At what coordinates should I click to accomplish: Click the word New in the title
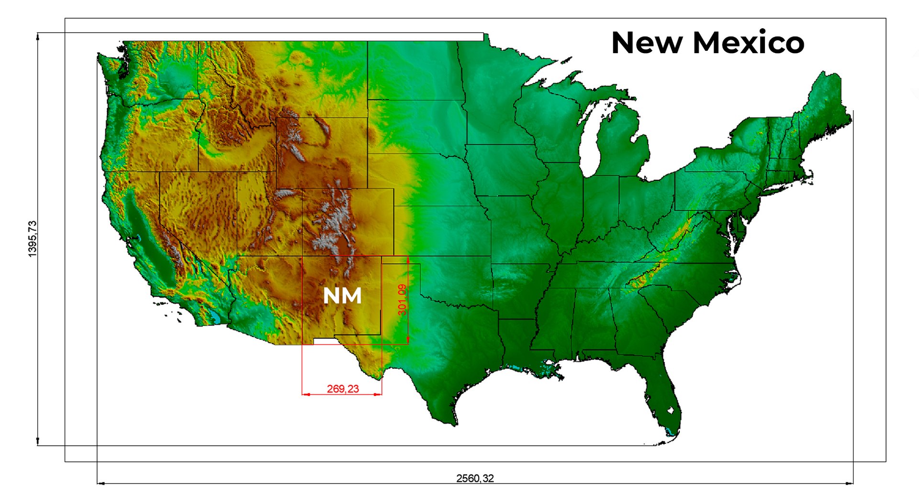[647, 43]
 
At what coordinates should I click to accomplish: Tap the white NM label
[342, 296]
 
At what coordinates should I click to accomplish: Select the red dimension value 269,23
[343, 389]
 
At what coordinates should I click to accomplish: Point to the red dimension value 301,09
[402, 300]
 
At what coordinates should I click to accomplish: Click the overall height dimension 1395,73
[33, 239]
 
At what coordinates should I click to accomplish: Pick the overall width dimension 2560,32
[475, 478]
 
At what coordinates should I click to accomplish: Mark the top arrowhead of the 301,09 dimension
[408, 259]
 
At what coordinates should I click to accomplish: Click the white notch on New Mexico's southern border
[324, 341]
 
